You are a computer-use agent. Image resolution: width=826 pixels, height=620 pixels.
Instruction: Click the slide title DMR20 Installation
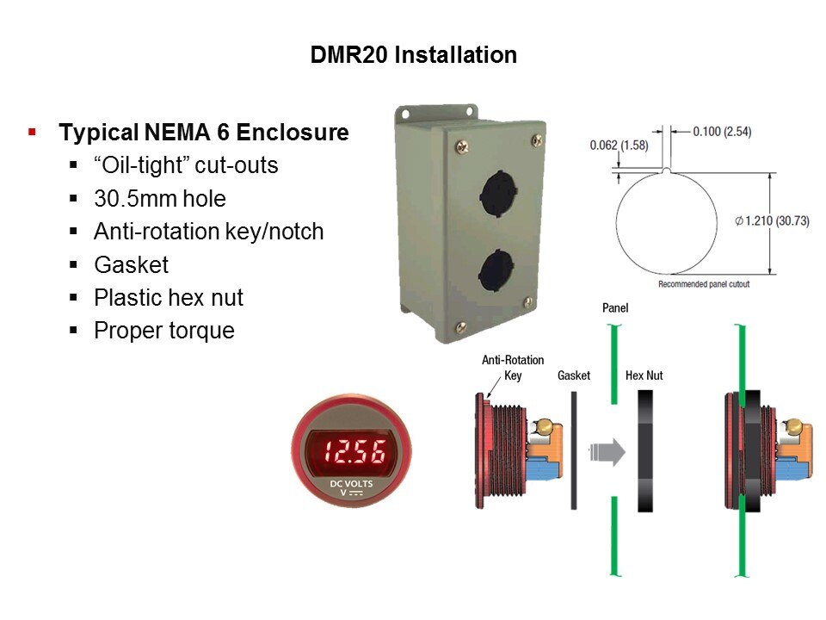tap(414, 55)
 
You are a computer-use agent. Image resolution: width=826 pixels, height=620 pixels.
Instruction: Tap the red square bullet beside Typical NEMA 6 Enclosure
tap(32, 131)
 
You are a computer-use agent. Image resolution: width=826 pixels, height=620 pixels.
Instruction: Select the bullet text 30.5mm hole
tap(160, 199)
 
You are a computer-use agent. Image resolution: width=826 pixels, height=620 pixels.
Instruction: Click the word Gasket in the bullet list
tap(131, 264)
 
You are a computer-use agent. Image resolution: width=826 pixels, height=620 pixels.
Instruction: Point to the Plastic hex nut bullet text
tap(169, 298)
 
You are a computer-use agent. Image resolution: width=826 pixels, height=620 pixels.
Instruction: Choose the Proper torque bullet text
tap(163, 331)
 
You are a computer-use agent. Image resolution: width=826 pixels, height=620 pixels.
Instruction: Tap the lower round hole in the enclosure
tap(496, 272)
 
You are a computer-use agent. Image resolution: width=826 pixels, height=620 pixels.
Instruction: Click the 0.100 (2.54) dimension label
tap(722, 131)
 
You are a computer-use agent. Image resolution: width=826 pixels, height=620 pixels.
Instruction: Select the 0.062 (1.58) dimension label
tap(619, 145)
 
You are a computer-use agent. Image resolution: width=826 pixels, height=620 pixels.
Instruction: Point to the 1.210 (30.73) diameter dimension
tap(773, 221)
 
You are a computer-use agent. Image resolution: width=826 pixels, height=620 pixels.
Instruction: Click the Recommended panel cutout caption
tap(704, 284)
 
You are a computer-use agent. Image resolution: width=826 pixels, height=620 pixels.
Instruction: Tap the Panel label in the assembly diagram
tap(615, 308)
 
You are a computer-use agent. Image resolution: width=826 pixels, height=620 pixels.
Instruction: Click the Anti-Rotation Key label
tap(513, 368)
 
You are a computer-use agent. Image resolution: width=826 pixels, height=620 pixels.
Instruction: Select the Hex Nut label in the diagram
tap(644, 375)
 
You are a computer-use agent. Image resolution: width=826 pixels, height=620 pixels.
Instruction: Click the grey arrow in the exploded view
tap(607, 452)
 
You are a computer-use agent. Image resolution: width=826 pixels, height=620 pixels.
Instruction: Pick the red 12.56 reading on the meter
tap(354, 452)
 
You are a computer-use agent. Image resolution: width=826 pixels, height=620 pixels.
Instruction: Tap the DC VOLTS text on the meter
tap(351, 483)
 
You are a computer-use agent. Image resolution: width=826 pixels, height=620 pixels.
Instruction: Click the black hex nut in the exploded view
tap(645, 451)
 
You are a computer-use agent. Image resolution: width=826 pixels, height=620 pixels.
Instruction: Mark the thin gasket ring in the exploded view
tap(574, 450)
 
